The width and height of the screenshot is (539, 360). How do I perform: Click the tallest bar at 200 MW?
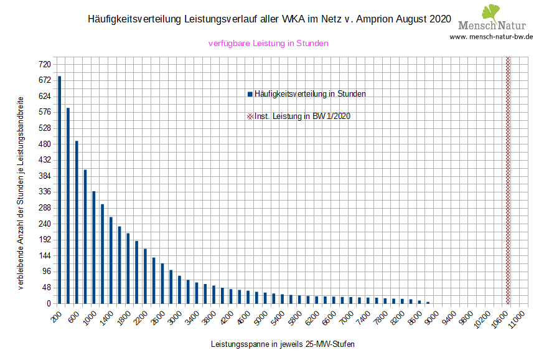(60, 189)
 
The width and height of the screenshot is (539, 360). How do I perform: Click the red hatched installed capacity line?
(508, 181)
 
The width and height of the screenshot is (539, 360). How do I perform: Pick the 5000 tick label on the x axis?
(262, 318)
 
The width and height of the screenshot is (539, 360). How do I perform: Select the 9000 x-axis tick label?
(432, 318)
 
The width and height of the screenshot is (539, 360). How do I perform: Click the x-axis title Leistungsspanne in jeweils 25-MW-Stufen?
(283, 344)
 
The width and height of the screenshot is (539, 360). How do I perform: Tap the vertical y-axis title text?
(21, 194)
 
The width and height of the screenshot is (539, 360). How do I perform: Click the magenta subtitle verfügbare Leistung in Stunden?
(268, 44)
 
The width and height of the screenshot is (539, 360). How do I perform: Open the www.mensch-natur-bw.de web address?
(491, 36)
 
